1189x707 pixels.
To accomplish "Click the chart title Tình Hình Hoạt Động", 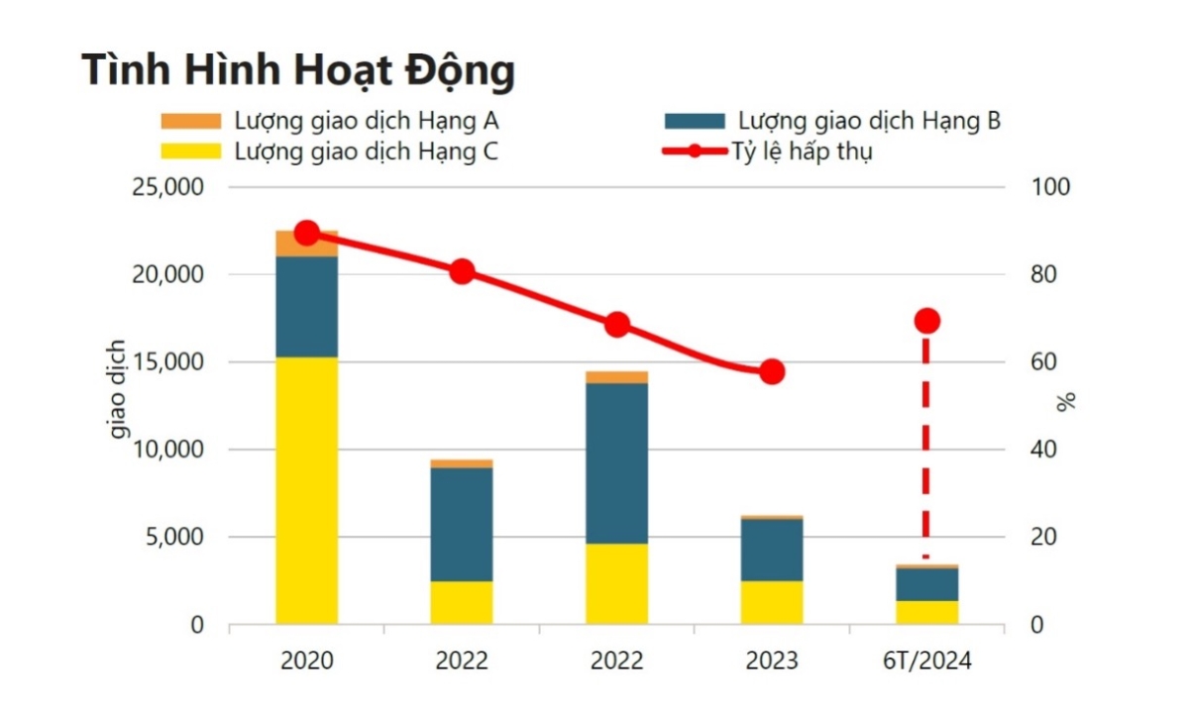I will click(x=298, y=71).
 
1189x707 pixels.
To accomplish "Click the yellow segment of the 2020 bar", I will click(x=306, y=490).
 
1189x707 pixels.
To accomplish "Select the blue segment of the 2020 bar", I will click(x=306, y=306).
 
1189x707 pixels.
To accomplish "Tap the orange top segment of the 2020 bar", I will click(x=306, y=244).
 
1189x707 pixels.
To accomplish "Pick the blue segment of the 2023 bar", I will click(x=771, y=550).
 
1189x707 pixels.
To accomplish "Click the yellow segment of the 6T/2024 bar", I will click(x=926, y=612).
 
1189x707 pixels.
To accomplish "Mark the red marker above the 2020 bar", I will click(x=307, y=233).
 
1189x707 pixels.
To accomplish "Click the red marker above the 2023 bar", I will click(x=772, y=372).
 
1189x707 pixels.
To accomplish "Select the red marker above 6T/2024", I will click(x=926, y=321).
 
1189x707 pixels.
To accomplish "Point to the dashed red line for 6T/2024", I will click(x=926, y=446).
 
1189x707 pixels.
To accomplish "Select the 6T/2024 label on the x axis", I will click(x=926, y=660).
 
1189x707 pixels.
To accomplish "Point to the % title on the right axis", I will click(x=1066, y=402).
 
